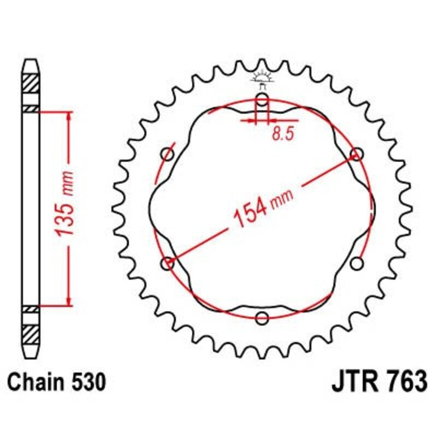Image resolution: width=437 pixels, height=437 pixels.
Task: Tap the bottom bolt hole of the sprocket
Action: click(x=262, y=318)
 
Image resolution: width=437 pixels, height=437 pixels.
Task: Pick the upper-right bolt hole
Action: click(x=357, y=155)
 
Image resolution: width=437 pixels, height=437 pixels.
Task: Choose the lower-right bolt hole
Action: click(x=357, y=264)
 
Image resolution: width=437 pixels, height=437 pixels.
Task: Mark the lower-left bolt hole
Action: click(x=168, y=264)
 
